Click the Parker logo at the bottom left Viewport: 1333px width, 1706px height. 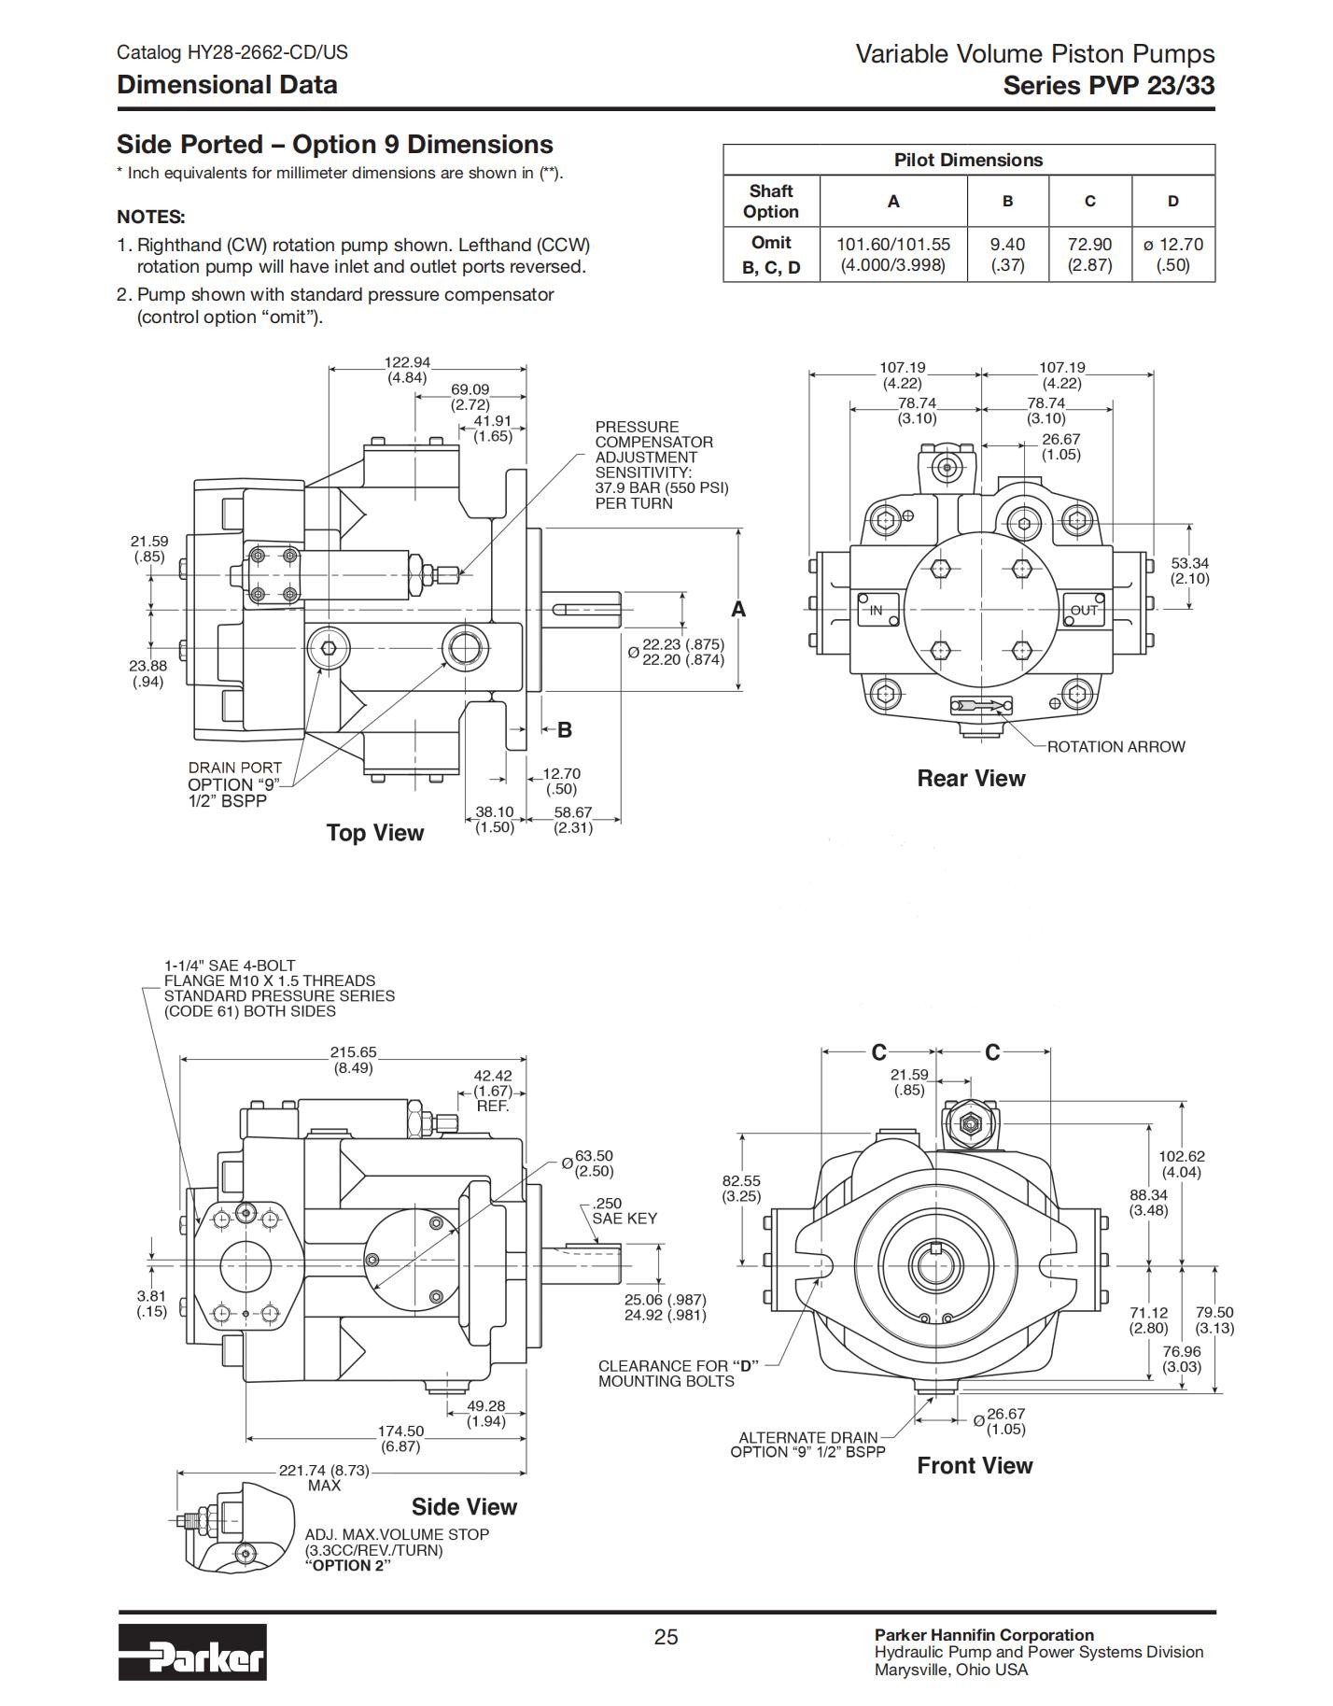coord(192,1652)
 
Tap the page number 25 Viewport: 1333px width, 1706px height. coord(666,1637)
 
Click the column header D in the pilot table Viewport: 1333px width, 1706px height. coord(1172,201)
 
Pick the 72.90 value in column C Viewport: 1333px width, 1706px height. coord(1089,244)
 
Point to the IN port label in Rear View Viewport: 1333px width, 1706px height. coord(876,611)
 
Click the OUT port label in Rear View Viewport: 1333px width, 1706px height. coord(1084,611)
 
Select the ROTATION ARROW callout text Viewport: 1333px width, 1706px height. coord(1116,747)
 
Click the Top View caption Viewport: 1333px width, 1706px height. coord(375,833)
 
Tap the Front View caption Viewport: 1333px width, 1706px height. coord(975,1465)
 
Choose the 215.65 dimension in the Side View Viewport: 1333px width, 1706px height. coord(354,1052)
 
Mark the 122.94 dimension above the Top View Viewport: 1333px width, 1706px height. coord(407,362)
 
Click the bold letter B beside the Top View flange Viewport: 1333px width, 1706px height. coord(565,730)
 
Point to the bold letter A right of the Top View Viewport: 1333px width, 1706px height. coord(738,610)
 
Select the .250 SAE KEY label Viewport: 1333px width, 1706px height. coord(624,1211)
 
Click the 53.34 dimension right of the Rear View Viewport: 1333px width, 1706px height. coord(1190,563)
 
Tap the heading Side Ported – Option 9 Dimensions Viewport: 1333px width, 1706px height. coord(335,145)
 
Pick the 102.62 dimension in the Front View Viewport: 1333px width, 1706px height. coord(1182,1157)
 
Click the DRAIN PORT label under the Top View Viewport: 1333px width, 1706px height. coord(235,768)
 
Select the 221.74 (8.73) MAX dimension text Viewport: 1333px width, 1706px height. coord(324,1477)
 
